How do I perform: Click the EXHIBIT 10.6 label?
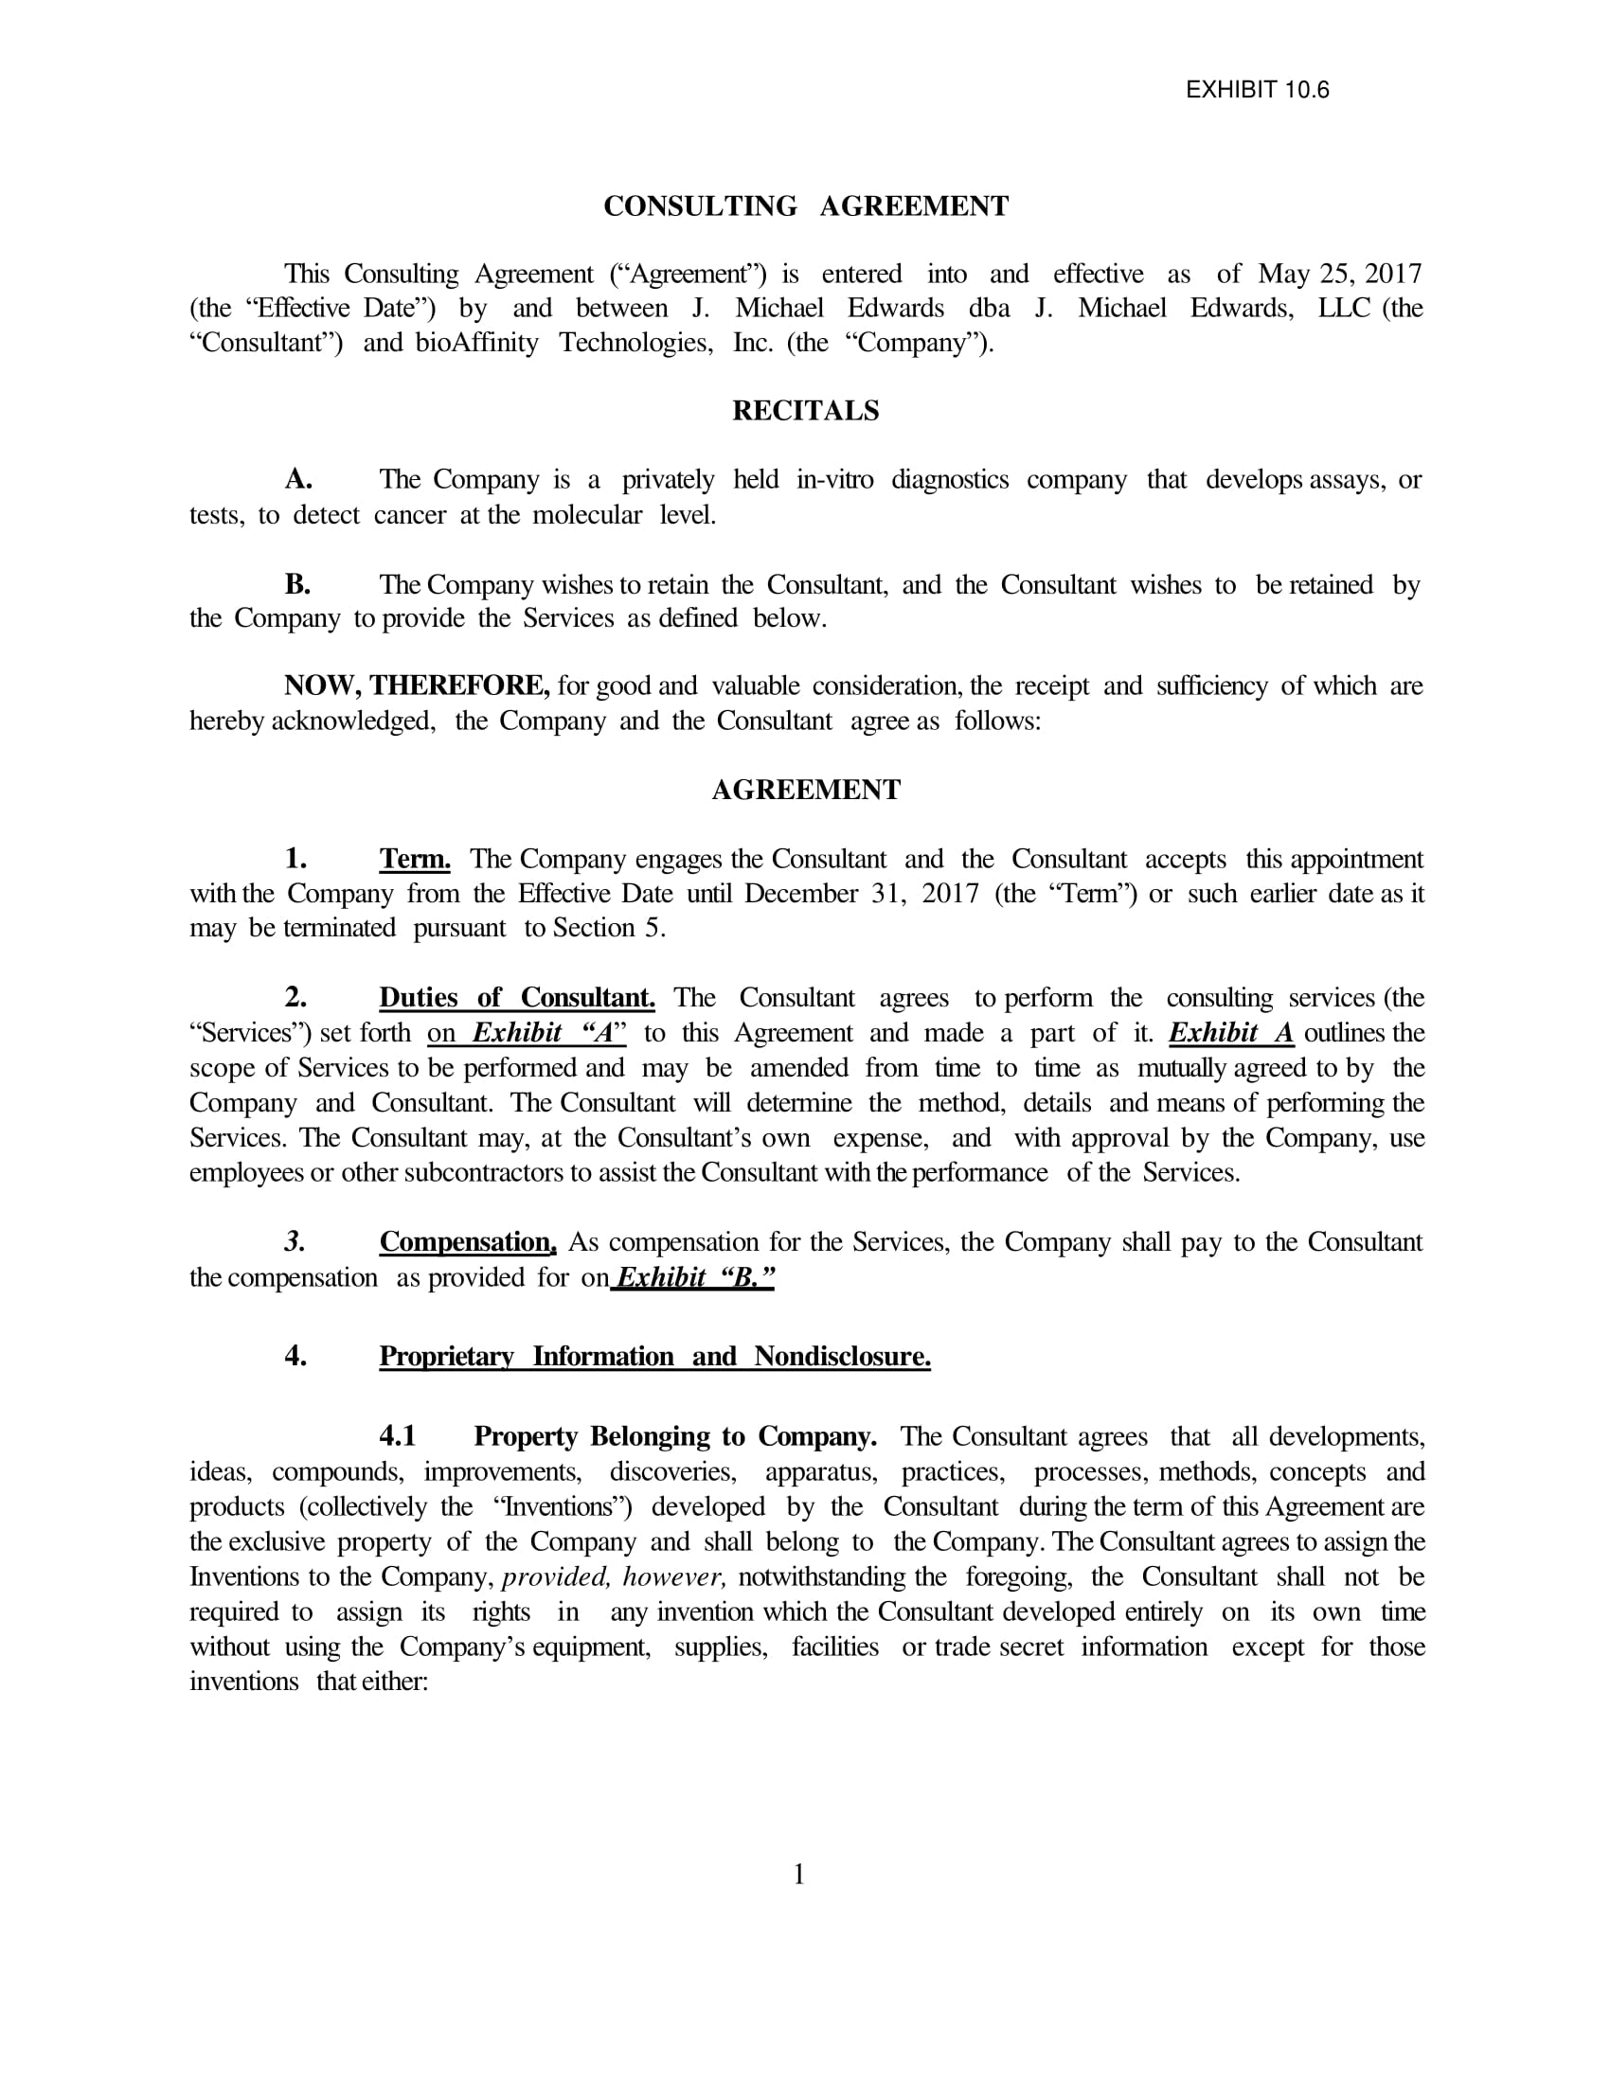(x=1256, y=90)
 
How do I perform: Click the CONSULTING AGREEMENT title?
(x=806, y=206)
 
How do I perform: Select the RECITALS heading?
(x=806, y=410)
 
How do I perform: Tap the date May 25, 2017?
(x=1339, y=274)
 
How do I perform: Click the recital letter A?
(x=298, y=479)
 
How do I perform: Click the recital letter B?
(x=297, y=583)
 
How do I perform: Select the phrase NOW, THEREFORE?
(x=417, y=685)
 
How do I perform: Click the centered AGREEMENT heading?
(x=806, y=790)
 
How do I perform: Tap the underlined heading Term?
(x=415, y=860)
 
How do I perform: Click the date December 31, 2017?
(x=861, y=894)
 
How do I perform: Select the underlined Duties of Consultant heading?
(x=517, y=998)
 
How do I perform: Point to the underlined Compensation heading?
(x=467, y=1242)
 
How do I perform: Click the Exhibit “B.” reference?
(x=695, y=1277)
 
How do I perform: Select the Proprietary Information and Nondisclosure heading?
(x=654, y=1356)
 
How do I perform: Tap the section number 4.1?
(x=398, y=1436)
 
